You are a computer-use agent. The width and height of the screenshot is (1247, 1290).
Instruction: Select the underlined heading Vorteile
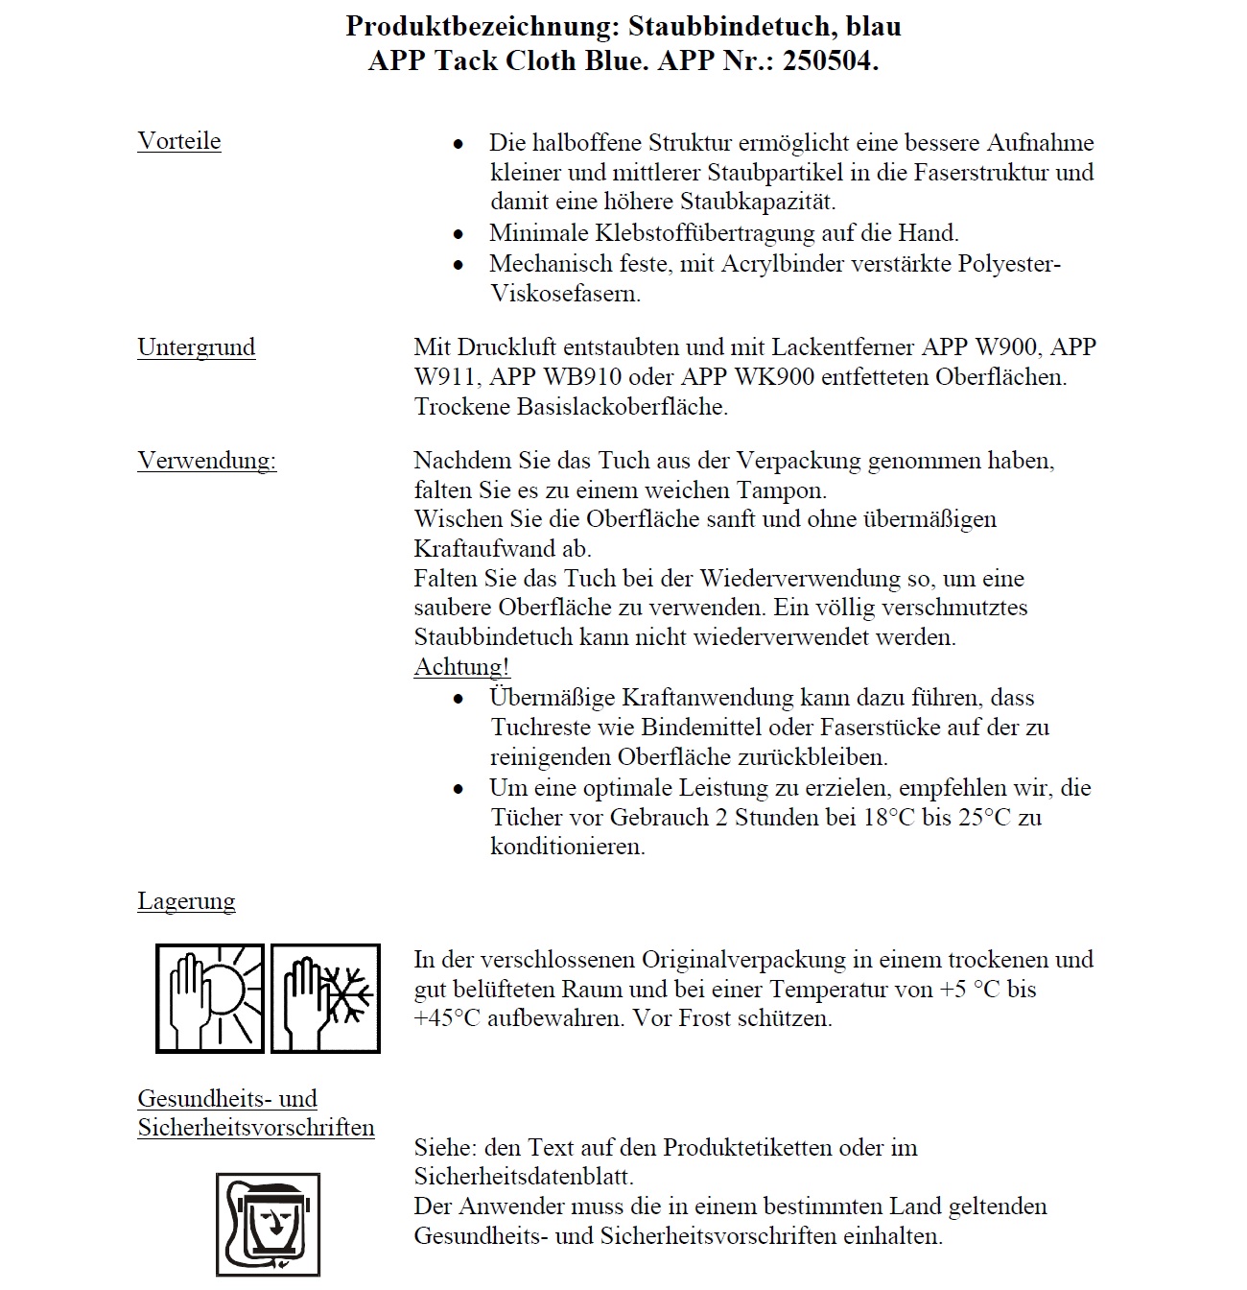[179, 141]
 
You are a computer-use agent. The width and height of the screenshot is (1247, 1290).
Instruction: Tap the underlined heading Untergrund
[197, 346]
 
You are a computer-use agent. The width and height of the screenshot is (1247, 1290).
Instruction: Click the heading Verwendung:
[207, 461]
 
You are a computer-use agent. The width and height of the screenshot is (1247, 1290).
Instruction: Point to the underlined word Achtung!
[461, 666]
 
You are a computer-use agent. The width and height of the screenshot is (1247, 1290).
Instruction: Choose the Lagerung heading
[186, 901]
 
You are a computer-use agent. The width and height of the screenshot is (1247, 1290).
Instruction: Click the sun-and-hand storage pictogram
[211, 998]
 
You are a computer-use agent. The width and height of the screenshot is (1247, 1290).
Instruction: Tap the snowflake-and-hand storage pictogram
[325, 998]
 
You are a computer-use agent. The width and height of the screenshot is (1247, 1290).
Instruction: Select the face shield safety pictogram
[268, 1224]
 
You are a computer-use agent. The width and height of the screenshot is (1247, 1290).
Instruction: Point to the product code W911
[448, 376]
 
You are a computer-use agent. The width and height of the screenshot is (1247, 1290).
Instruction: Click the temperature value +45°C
[447, 1018]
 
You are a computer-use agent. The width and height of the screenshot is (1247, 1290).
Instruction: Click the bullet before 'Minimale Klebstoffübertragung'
[459, 234]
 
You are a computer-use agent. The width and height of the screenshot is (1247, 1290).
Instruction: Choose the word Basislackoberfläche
[623, 406]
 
